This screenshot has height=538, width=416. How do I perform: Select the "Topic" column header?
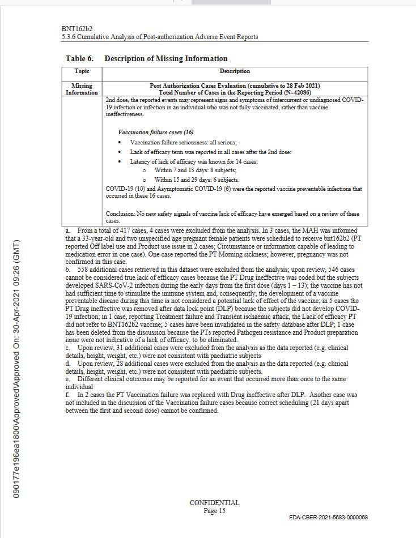[x=82, y=71]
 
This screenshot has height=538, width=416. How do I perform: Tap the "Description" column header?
[x=235, y=71]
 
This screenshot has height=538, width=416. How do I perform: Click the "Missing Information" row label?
[x=82, y=89]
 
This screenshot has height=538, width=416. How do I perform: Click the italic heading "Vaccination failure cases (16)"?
[x=147, y=131]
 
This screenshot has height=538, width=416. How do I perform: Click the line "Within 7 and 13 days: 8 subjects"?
[x=196, y=170]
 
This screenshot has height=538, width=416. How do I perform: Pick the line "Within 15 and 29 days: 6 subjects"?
[x=197, y=179]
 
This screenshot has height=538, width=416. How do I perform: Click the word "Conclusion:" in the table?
[x=120, y=214]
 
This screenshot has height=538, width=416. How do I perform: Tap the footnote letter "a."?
[x=68, y=230]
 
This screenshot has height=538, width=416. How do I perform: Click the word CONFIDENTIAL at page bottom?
[x=214, y=503]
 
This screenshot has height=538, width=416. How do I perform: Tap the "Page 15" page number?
[x=214, y=511]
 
